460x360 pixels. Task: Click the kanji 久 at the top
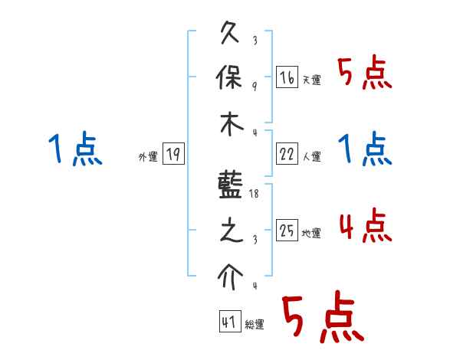click(x=232, y=35)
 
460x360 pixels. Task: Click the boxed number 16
click(x=287, y=77)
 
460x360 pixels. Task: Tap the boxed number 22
click(x=287, y=154)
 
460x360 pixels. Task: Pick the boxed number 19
click(x=173, y=155)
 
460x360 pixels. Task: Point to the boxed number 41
click(x=229, y=322)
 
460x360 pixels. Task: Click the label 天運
click(x=311, y=80)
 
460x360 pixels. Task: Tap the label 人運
click(x=311, y=156)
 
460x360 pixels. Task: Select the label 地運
click(x=311, y=234)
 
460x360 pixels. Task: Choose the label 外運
click(x=148, y=157)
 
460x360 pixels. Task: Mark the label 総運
click(x=254, y=325)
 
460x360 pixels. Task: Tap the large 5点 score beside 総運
click(x=321, y=319)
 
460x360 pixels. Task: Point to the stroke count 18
click(x=255, y=195)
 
